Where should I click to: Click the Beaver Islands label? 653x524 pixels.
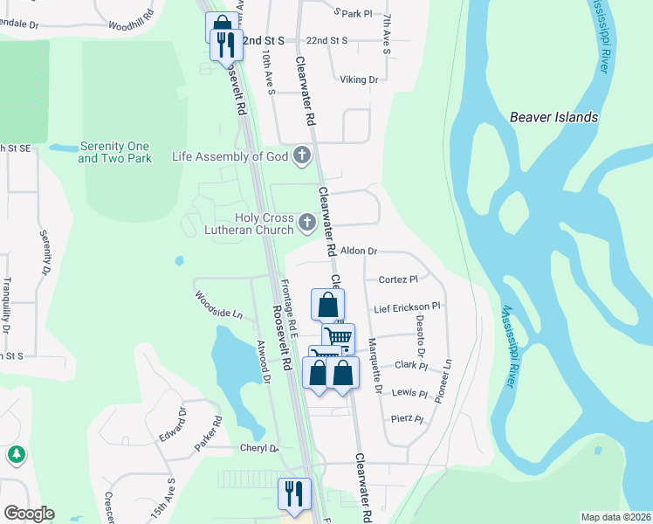553,117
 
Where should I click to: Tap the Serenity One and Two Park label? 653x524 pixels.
114,152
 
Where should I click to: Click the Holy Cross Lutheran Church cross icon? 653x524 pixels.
306,224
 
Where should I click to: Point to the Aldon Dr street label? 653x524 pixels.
358,251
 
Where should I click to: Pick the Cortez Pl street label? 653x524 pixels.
399,279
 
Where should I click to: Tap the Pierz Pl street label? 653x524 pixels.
407,419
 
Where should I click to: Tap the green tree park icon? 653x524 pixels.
16,455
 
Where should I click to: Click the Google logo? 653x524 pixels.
29,514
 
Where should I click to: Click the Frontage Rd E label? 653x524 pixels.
292,309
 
